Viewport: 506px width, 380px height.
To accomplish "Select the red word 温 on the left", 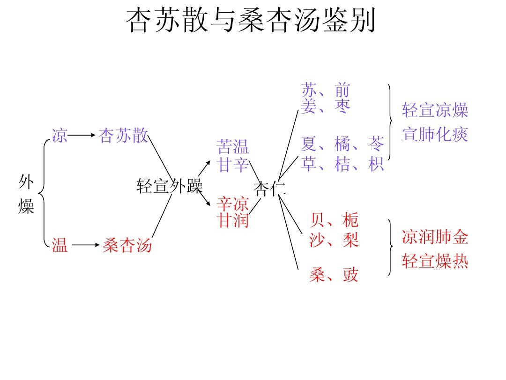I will tap(60, 245).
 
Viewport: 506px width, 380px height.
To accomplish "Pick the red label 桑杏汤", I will tap(127, 245).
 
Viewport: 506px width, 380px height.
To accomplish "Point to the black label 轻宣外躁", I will tap(169, 186).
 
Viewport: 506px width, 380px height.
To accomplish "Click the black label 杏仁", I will tap(269, 189).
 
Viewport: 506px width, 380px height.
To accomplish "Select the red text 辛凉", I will tap(233, 204).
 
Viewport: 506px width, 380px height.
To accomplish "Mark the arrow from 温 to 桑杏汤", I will tap(85, 245).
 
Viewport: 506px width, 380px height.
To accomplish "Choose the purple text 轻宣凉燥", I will tap(435, 111).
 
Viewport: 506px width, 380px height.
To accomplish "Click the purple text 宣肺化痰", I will tap(435, 135).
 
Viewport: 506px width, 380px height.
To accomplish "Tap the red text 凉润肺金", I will tap(435, 237).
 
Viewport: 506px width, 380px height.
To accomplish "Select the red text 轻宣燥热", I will tap(435, 262).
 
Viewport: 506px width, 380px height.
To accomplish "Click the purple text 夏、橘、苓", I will tap(342, 143).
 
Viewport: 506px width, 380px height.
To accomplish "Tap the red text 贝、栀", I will tap(334, 219).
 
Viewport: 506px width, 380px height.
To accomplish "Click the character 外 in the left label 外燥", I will tap(26, 182).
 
